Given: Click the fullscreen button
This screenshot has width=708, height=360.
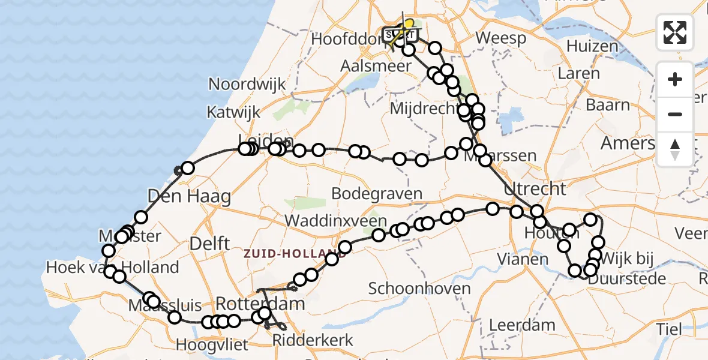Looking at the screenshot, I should pos(675,32).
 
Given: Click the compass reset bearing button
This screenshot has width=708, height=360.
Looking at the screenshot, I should pos(675,149).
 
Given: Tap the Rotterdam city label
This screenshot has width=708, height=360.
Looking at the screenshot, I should pos(260,303).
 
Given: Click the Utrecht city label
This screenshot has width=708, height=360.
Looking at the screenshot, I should pos(535,189).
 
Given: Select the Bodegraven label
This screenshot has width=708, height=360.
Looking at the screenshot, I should pos(377,194).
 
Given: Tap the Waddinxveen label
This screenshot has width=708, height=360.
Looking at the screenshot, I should pos(335,220).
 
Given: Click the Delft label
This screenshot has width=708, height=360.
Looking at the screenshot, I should pos(210,244).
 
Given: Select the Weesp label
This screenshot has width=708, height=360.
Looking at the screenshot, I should pos(500,38).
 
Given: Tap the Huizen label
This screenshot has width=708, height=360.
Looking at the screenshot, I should pos(592,46).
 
